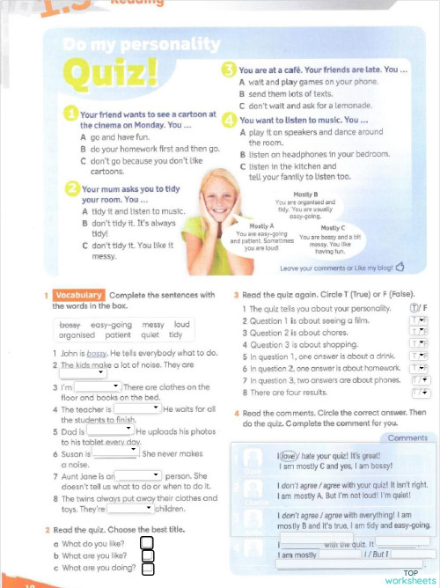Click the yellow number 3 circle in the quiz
[229, 69]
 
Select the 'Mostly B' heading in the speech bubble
[304, 194]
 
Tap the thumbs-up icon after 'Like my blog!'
[400, 266]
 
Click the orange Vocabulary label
[78, 295]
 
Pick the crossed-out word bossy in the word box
[63, 325]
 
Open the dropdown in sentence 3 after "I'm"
[97, 386]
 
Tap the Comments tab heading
[407, 437]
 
